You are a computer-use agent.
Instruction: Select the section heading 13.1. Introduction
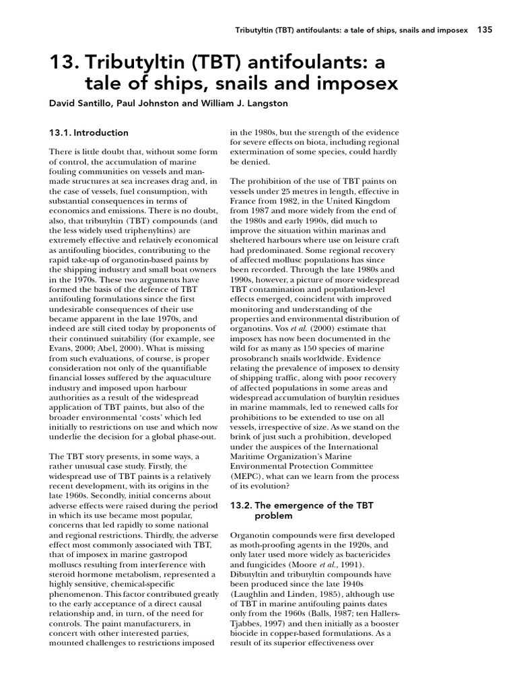click(x=89, y=133)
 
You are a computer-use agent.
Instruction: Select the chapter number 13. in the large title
click(x=63, y=63)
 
